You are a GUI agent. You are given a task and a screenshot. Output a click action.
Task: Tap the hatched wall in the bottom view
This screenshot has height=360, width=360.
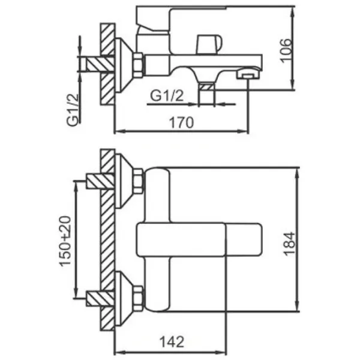pyautogui.click(x=108, y=240)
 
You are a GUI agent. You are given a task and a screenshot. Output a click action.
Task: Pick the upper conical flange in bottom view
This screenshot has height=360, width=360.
pyautogui.click(x=125, y=182)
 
